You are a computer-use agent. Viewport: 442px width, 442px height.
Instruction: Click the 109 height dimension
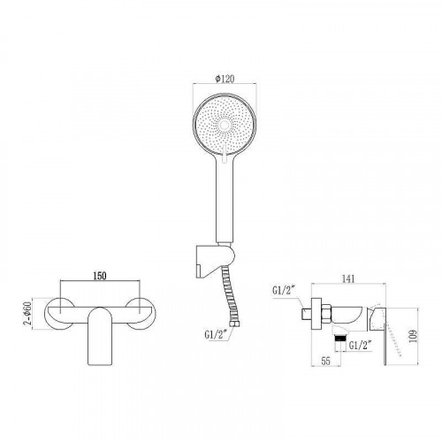click(411, 337)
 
